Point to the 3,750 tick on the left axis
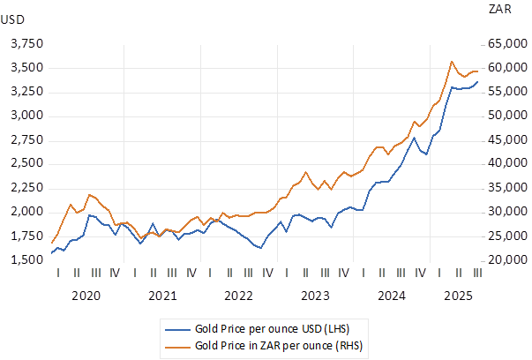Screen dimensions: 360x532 point(26,44)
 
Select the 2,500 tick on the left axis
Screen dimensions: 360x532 point(26,164)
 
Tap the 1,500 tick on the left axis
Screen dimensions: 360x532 point(26,260)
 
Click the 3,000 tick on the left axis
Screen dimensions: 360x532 point(26,116)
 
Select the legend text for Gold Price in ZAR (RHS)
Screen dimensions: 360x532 point(279,345)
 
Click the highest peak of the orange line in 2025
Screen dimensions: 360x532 point(452,62)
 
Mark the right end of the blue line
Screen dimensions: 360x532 point(478,82)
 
